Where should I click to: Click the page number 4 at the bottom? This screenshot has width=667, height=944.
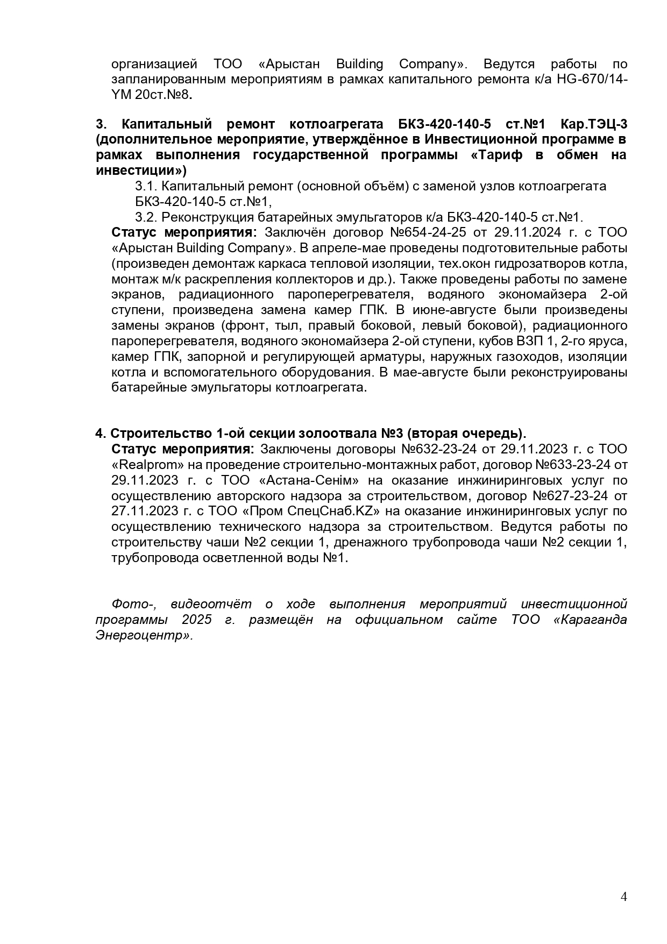623,896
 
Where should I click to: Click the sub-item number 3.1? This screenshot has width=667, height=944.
145,186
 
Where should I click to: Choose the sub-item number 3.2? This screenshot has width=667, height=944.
145,217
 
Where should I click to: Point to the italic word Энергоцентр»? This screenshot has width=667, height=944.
144,635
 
